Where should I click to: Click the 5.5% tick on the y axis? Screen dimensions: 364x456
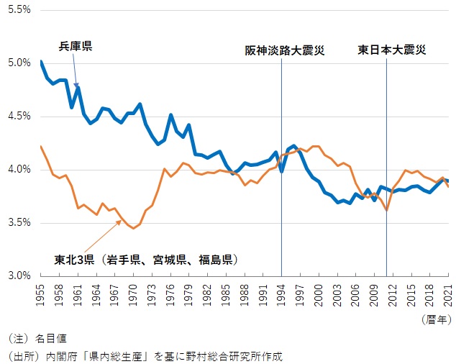(x=19, y=10)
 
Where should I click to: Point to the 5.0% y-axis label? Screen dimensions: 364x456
(x=19, y=63)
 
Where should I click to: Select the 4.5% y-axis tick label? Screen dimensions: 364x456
(x=19, y=116)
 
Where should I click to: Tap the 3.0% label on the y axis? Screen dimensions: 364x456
(x=19, y=276)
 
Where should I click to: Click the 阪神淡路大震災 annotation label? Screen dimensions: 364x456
(x=285, y=50)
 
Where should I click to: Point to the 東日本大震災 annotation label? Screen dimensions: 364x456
(x=392, y=50)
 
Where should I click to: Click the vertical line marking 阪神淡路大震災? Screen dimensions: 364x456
(x=281, y=180)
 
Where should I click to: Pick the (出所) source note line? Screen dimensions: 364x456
(x=145, y=355)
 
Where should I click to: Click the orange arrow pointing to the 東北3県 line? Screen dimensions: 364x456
(x=101, y=236)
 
